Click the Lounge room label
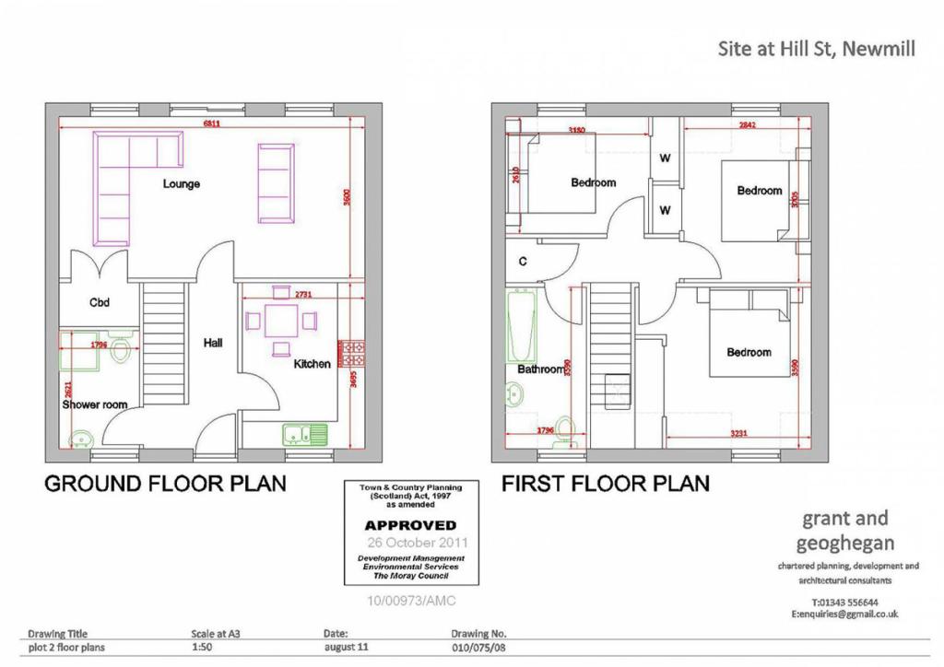coord(182,183)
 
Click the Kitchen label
coord(312,364)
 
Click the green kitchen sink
coord(304,432)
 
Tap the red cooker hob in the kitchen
coord(353,352)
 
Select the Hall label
coord(213,343)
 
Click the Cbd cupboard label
coord(100,301)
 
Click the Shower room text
coord(95,404)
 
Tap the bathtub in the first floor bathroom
coord(521,326)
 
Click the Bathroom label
coord(540,369)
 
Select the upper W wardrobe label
coord(664,158)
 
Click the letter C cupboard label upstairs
coord(522,262)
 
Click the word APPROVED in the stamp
coord(410,525)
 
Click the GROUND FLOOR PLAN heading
coord(166,483)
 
